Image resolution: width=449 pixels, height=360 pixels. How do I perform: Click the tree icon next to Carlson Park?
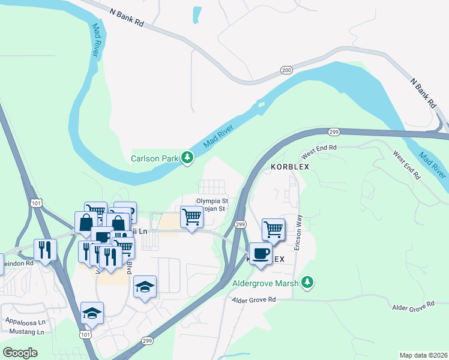click(188, 158)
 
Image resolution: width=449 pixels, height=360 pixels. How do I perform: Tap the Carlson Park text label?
click(155, 158)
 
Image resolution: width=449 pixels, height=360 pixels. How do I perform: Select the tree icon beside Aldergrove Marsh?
click(307, 281)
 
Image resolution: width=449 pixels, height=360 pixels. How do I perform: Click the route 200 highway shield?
click(286, 70)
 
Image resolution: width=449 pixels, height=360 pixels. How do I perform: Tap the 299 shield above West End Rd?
click(335, 131)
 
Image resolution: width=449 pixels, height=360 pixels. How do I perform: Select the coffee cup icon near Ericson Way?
click(259, 254)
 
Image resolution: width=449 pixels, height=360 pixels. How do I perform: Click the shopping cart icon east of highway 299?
click(273, 229)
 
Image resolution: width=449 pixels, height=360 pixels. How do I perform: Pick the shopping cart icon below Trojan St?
click(191, 217)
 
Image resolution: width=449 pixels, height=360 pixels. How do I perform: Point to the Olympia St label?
click(212, 201)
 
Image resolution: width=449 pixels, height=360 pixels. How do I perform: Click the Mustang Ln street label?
click(24, 331)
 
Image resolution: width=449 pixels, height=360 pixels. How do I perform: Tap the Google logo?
click(20, 352)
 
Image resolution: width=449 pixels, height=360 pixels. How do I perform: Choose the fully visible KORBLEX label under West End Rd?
click(289, 167)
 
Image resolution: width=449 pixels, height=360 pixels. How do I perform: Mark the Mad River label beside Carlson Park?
click(217, 133)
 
